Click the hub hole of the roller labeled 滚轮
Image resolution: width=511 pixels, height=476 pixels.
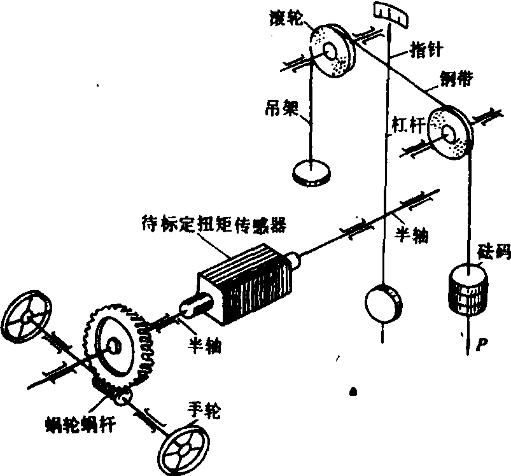(331, 51)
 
